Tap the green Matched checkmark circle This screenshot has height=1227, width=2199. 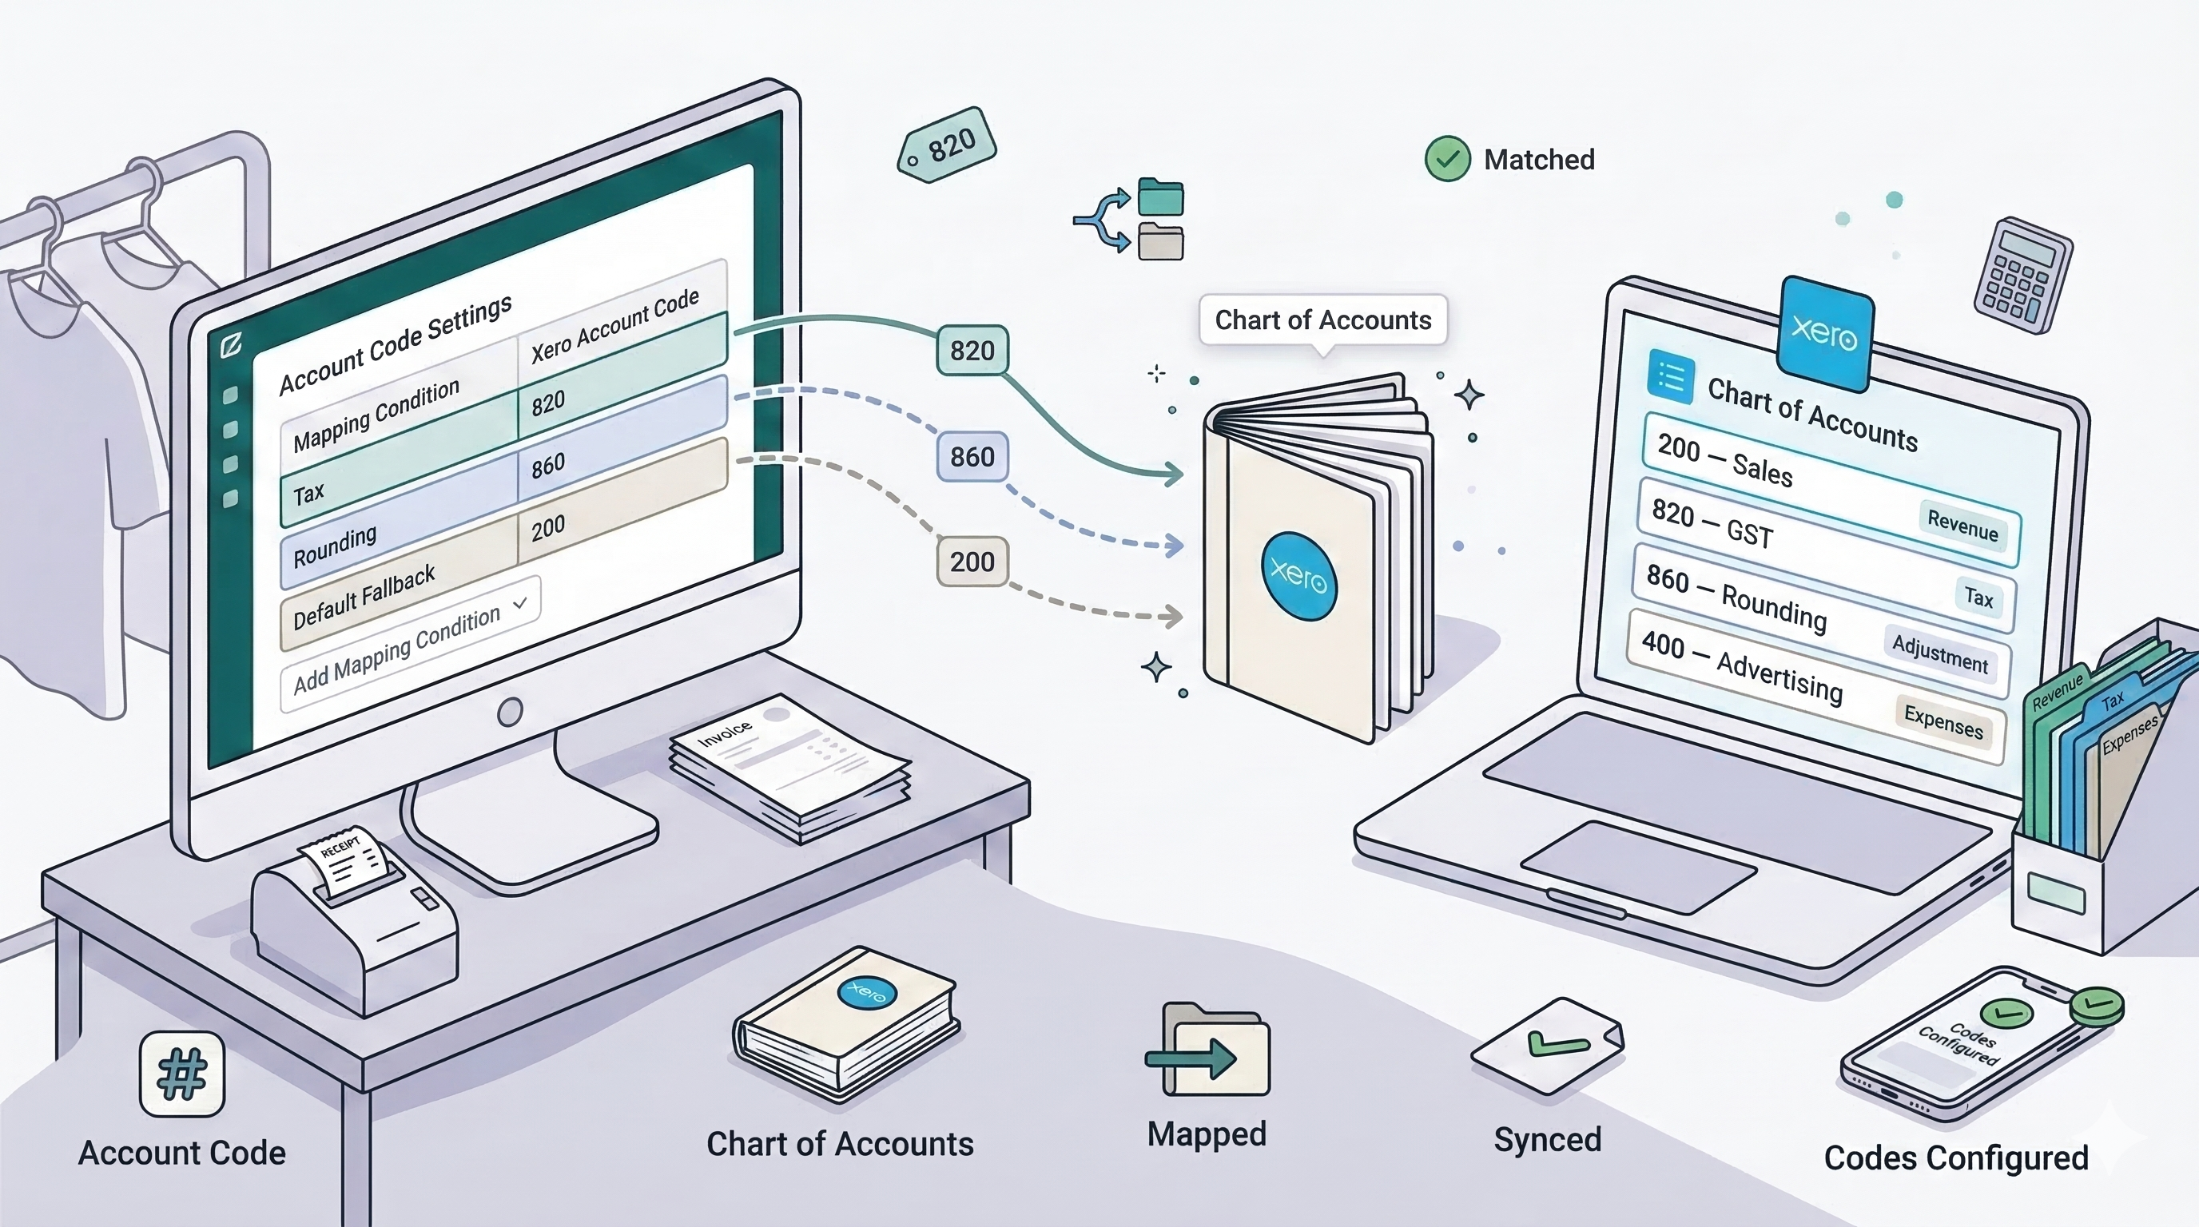[x=1447, y=159]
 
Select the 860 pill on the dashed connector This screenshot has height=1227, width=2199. [x=972, y=456]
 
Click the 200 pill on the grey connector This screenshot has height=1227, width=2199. [x=972, y=562]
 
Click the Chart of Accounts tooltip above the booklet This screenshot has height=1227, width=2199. [x=1322, y=320]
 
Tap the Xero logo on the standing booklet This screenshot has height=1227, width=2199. [x=1298, y=576]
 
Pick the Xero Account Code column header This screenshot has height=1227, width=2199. [x=614, y=324]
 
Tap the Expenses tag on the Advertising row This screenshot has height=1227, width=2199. [x=1943, y=721]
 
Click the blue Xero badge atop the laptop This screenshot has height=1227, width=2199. [x=1824, y=333]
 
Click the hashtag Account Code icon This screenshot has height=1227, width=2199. [x=182, y=1074]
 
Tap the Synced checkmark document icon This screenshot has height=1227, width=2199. [x=1547, y=1045]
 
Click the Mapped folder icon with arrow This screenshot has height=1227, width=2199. [x=1208, y=1051]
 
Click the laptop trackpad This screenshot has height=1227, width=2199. [x=1639, y=868]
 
